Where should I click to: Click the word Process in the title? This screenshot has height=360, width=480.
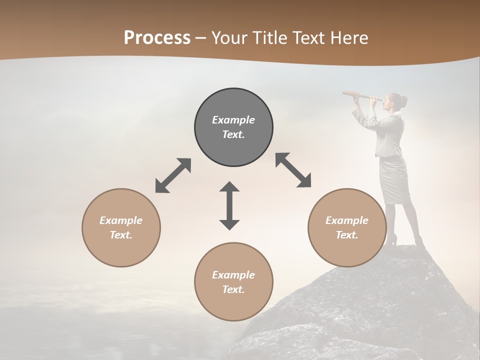tap(157, 38)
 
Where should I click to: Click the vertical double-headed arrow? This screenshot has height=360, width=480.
tap(229, 205)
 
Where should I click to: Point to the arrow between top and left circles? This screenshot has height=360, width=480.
tap(173, 175)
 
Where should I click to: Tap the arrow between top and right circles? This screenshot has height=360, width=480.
tap(293, 170)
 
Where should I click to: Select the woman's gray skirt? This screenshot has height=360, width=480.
tap(394, 180)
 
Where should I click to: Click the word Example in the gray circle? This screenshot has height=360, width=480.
tap(233, 120)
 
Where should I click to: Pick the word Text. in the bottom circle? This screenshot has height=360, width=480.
tap(233, 289)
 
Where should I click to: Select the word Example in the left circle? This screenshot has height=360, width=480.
tap(121, 220)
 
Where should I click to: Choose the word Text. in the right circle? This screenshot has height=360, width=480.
tap(347, 235)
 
